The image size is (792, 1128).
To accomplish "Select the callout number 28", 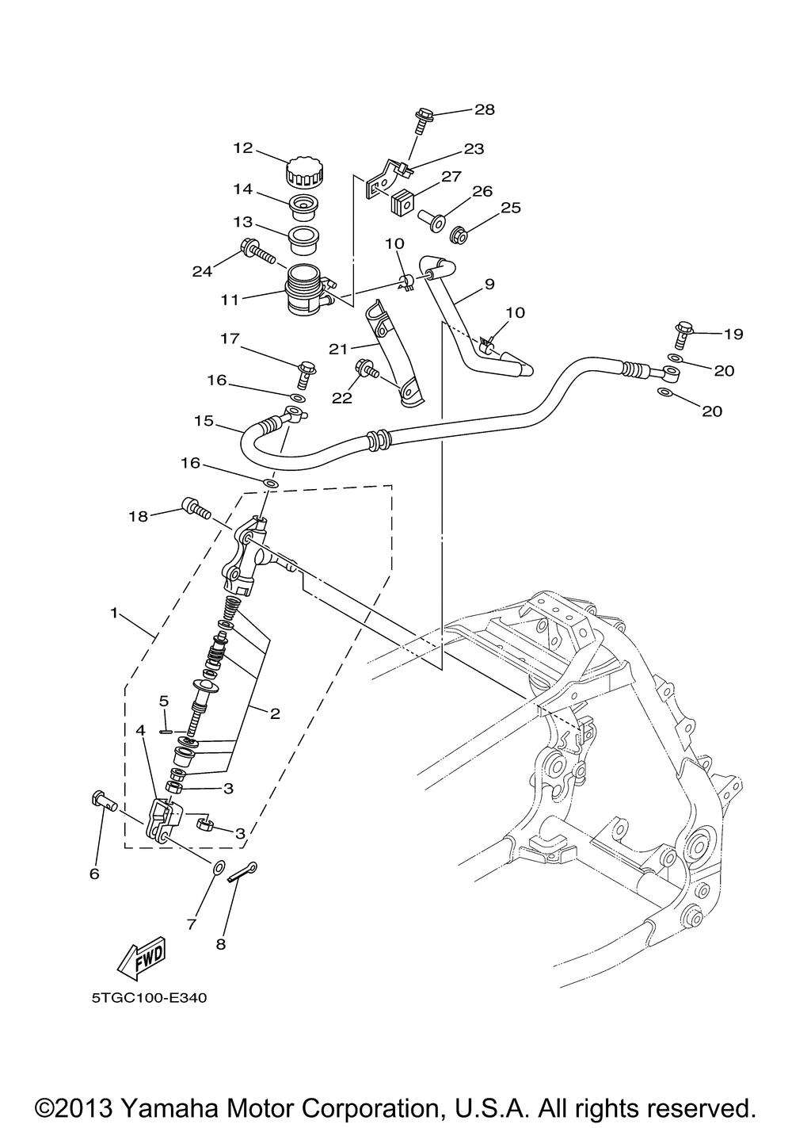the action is tap(485, 109).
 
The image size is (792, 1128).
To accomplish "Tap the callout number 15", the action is tap(204, 420).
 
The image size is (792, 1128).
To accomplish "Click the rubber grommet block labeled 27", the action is tap(402, 201).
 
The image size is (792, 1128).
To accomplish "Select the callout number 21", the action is tap(339, 349).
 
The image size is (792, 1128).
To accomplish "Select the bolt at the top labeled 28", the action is tap(421, 120).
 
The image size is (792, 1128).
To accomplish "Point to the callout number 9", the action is tap(489, 284).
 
